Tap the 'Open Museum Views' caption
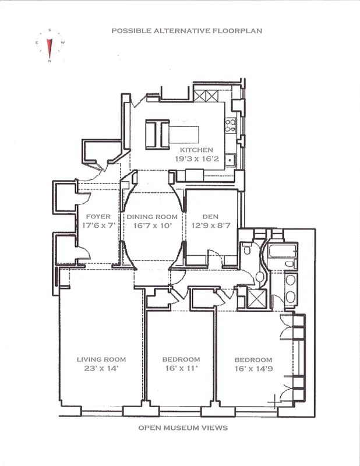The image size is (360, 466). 182,428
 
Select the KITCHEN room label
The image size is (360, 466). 196,150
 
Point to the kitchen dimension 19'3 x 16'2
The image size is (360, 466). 196,158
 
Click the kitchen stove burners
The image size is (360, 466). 230,126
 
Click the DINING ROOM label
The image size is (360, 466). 152,217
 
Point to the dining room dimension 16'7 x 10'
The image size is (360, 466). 152,225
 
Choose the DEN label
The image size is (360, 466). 210,217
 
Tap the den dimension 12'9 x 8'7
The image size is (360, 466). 210,225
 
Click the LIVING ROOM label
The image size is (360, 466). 101,359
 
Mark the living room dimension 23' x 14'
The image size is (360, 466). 101,368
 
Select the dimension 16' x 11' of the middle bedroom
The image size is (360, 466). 181,368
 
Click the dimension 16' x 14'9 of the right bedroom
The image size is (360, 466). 253,368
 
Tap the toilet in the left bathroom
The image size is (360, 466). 247,251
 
